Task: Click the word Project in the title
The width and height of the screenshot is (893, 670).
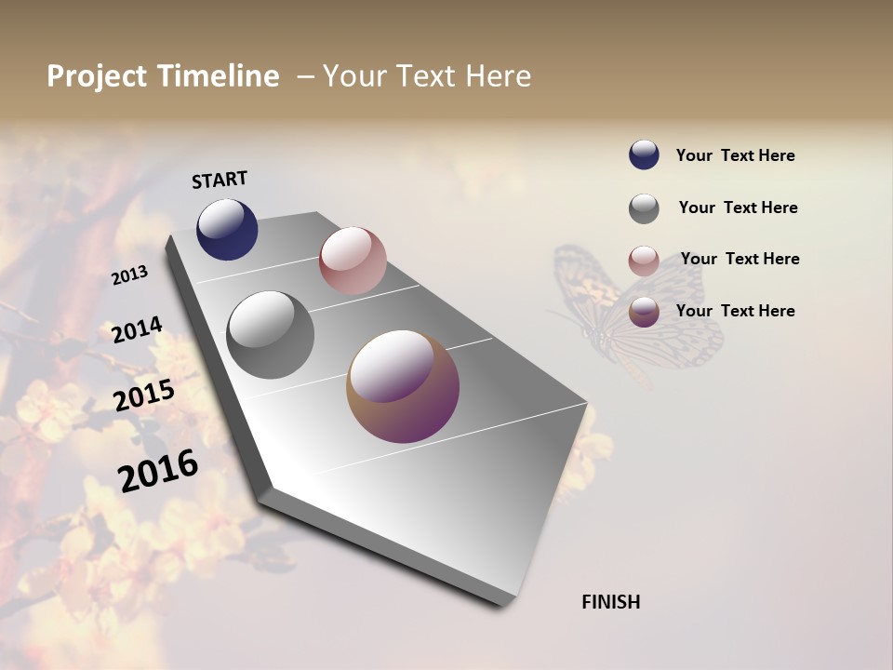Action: click(97, 76)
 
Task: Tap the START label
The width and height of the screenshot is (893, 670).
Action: click(220, 180)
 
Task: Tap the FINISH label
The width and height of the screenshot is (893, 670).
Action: click(610, 602)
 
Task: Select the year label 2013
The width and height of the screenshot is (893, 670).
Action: click(130, 275)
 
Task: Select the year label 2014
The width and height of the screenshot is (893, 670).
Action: click(137, 330)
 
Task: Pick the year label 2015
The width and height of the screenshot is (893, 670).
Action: click(144, 395)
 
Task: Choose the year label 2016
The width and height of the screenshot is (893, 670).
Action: click(158, 471)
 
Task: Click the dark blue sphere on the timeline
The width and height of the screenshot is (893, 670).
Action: click(227, 229)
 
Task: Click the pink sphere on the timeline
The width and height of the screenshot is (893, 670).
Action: click(353, 260)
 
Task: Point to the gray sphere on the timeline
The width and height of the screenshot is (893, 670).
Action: click(270, 335)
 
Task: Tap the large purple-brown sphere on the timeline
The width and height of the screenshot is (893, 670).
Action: click(403, 386)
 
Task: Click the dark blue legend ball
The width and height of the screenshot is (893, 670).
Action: click(644, 155)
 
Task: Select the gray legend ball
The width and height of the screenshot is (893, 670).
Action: click(644, 208)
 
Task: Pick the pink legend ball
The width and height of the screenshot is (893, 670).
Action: click(644, 261)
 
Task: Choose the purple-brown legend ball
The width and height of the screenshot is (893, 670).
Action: click(644, 312)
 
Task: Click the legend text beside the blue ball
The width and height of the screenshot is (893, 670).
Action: click(735, 156)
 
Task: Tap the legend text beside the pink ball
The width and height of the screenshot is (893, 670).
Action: click(740, 259)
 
